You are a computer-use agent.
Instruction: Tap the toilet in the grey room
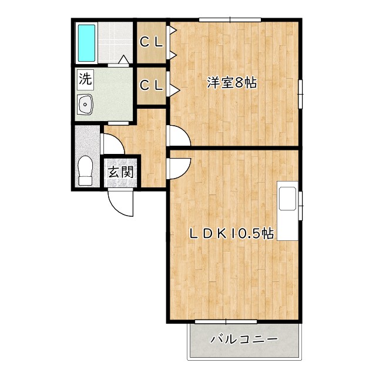click(x=86, y=170)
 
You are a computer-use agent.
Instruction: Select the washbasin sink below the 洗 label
click(x=86, y=105)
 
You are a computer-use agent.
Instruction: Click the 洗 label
click(x=85, y=78)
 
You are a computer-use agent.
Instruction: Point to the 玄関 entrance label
click(x=121, y=172)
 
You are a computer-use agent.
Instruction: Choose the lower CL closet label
click(x=152, y=85)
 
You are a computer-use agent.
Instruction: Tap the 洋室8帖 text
click(x=231, y=83)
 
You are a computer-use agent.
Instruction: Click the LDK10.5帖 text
click(x=231, y=234)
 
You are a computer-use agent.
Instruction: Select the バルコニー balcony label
click(x=243, y=340)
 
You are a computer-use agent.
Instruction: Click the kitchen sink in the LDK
click(x=288, y=199)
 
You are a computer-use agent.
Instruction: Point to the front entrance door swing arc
click(x=122, y=204)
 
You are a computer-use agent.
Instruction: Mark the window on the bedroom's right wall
click(x=300, y=93)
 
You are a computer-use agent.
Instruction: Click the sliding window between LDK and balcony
click(x=226, y=322)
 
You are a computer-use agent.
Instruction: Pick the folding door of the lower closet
click(x=173, y=84)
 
